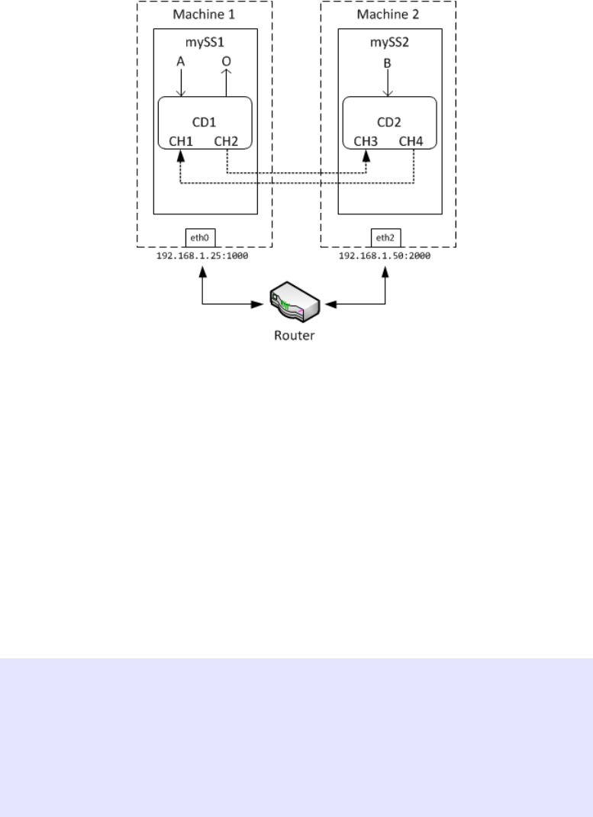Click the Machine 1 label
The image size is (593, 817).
point(205,14)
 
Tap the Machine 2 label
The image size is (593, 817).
point(388,14)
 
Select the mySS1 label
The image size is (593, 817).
point(205,43)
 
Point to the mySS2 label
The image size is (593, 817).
point(388,43)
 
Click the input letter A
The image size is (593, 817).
point(181,63)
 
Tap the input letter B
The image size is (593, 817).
point(388,64)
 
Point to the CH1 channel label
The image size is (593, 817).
point(181,141)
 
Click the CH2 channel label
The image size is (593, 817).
point(227,141)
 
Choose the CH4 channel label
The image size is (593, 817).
point(413,141)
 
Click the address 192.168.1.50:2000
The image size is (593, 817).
point(385,257)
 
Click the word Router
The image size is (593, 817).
point(294,335)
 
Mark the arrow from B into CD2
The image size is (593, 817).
point(388,84)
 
